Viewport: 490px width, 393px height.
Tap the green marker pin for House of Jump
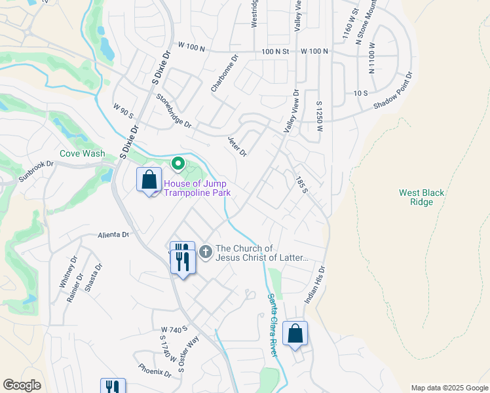(x=177, y=163)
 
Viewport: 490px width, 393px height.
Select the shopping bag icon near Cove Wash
(x=149, y=179)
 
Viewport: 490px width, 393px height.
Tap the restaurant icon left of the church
(x=182, y=258)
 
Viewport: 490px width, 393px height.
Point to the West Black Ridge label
(x=422, y=197)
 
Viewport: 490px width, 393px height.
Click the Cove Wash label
(x=83, y=154)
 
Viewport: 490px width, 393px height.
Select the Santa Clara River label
(x=273, y=325)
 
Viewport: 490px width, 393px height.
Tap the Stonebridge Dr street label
(x=174, y=110)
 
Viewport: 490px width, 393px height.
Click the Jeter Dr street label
(x=237, y=147)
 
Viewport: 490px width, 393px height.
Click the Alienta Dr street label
(x=113, y=234)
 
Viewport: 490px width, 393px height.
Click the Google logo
(x=22, y=385)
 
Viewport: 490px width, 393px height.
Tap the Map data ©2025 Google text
(x=449, y=388)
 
